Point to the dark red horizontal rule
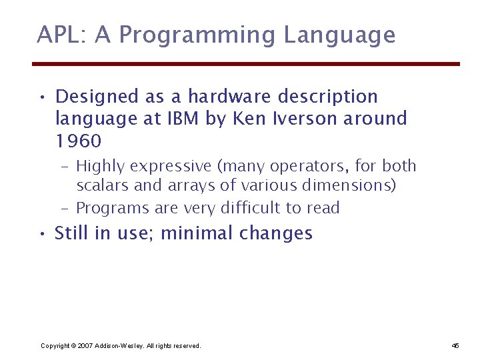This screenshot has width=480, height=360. tap(246, 64)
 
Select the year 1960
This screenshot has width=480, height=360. tap(78, 141)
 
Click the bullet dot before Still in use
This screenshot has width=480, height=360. tap(42, 233)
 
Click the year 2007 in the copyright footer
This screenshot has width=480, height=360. tap(85, 346)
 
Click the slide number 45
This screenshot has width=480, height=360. tap(455, 346)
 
